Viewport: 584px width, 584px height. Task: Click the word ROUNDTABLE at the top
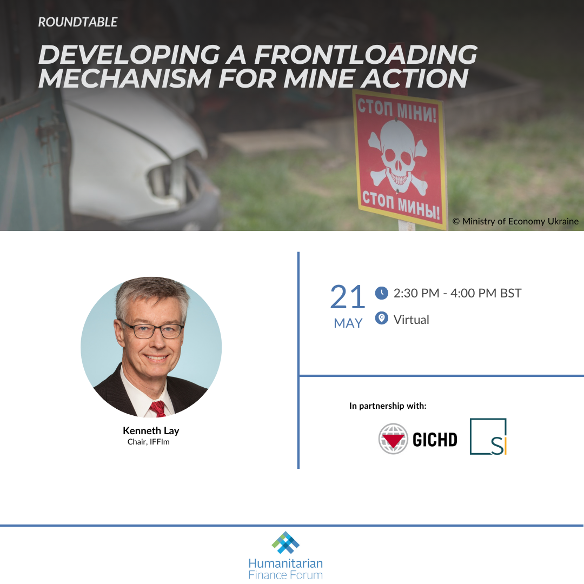78,23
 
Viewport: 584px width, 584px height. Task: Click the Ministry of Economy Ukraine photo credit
515,221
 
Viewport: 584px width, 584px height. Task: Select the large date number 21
348,297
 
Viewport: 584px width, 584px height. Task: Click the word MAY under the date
348,323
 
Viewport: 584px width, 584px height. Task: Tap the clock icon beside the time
382,293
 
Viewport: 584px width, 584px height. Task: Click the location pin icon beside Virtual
382,318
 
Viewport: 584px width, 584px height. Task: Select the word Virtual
411,320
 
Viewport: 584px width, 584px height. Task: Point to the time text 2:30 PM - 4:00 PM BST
457,294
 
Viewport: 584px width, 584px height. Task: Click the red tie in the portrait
158,408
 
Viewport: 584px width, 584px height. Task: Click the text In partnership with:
388,406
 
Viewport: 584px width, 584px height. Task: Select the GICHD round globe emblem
393,439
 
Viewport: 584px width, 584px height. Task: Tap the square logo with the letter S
488,436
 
